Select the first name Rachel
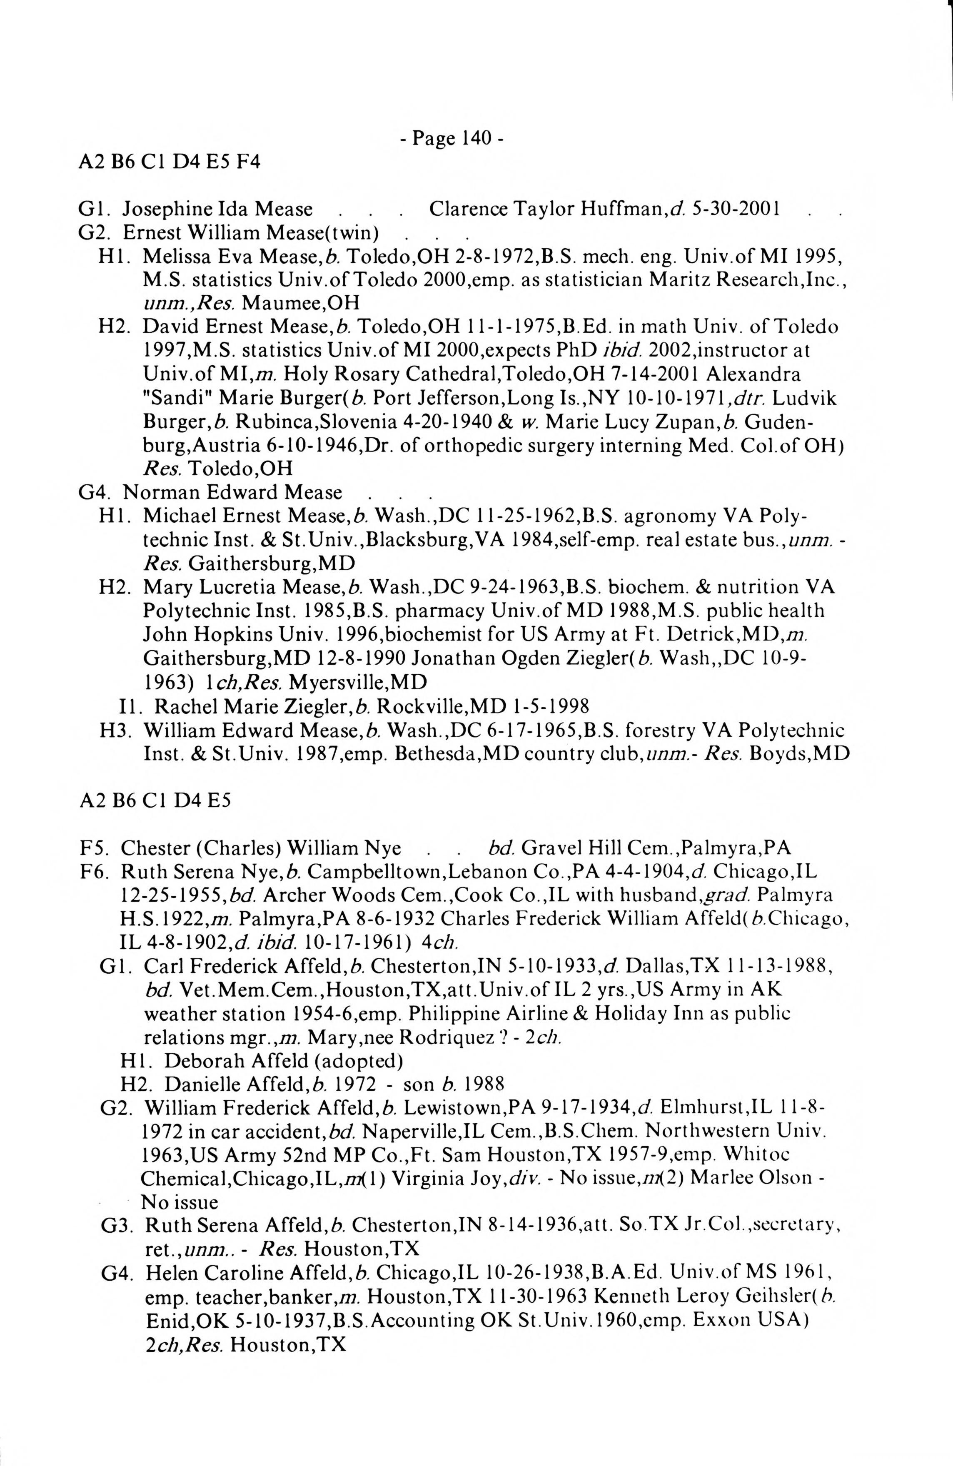181,705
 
